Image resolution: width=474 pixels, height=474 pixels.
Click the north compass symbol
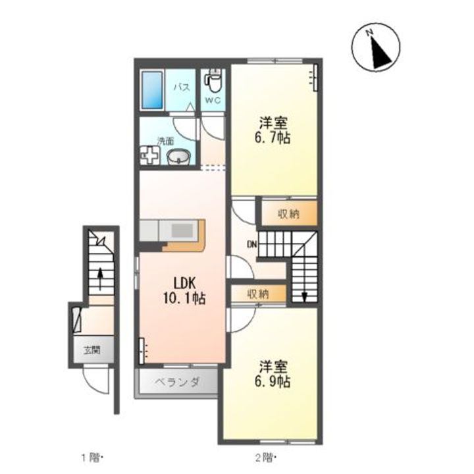376,48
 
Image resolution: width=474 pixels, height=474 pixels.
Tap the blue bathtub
152,90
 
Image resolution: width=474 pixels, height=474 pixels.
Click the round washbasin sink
178,157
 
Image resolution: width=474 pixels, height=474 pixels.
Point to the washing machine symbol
149,155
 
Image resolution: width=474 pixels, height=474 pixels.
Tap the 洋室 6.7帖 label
273,130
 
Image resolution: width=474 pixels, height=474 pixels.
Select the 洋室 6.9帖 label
273,374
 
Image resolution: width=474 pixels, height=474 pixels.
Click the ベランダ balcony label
177,382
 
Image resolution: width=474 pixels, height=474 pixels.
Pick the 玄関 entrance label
92,350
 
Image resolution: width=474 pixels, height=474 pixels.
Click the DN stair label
251,244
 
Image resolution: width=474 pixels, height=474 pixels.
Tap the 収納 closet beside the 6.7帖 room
289,214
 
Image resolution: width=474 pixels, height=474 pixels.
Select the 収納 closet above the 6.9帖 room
259,294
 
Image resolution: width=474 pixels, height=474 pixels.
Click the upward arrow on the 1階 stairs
100,278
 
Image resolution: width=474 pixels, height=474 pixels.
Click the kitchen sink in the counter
182,231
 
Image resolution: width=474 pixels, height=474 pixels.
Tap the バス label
182,88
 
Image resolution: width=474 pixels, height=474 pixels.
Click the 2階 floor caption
265,458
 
